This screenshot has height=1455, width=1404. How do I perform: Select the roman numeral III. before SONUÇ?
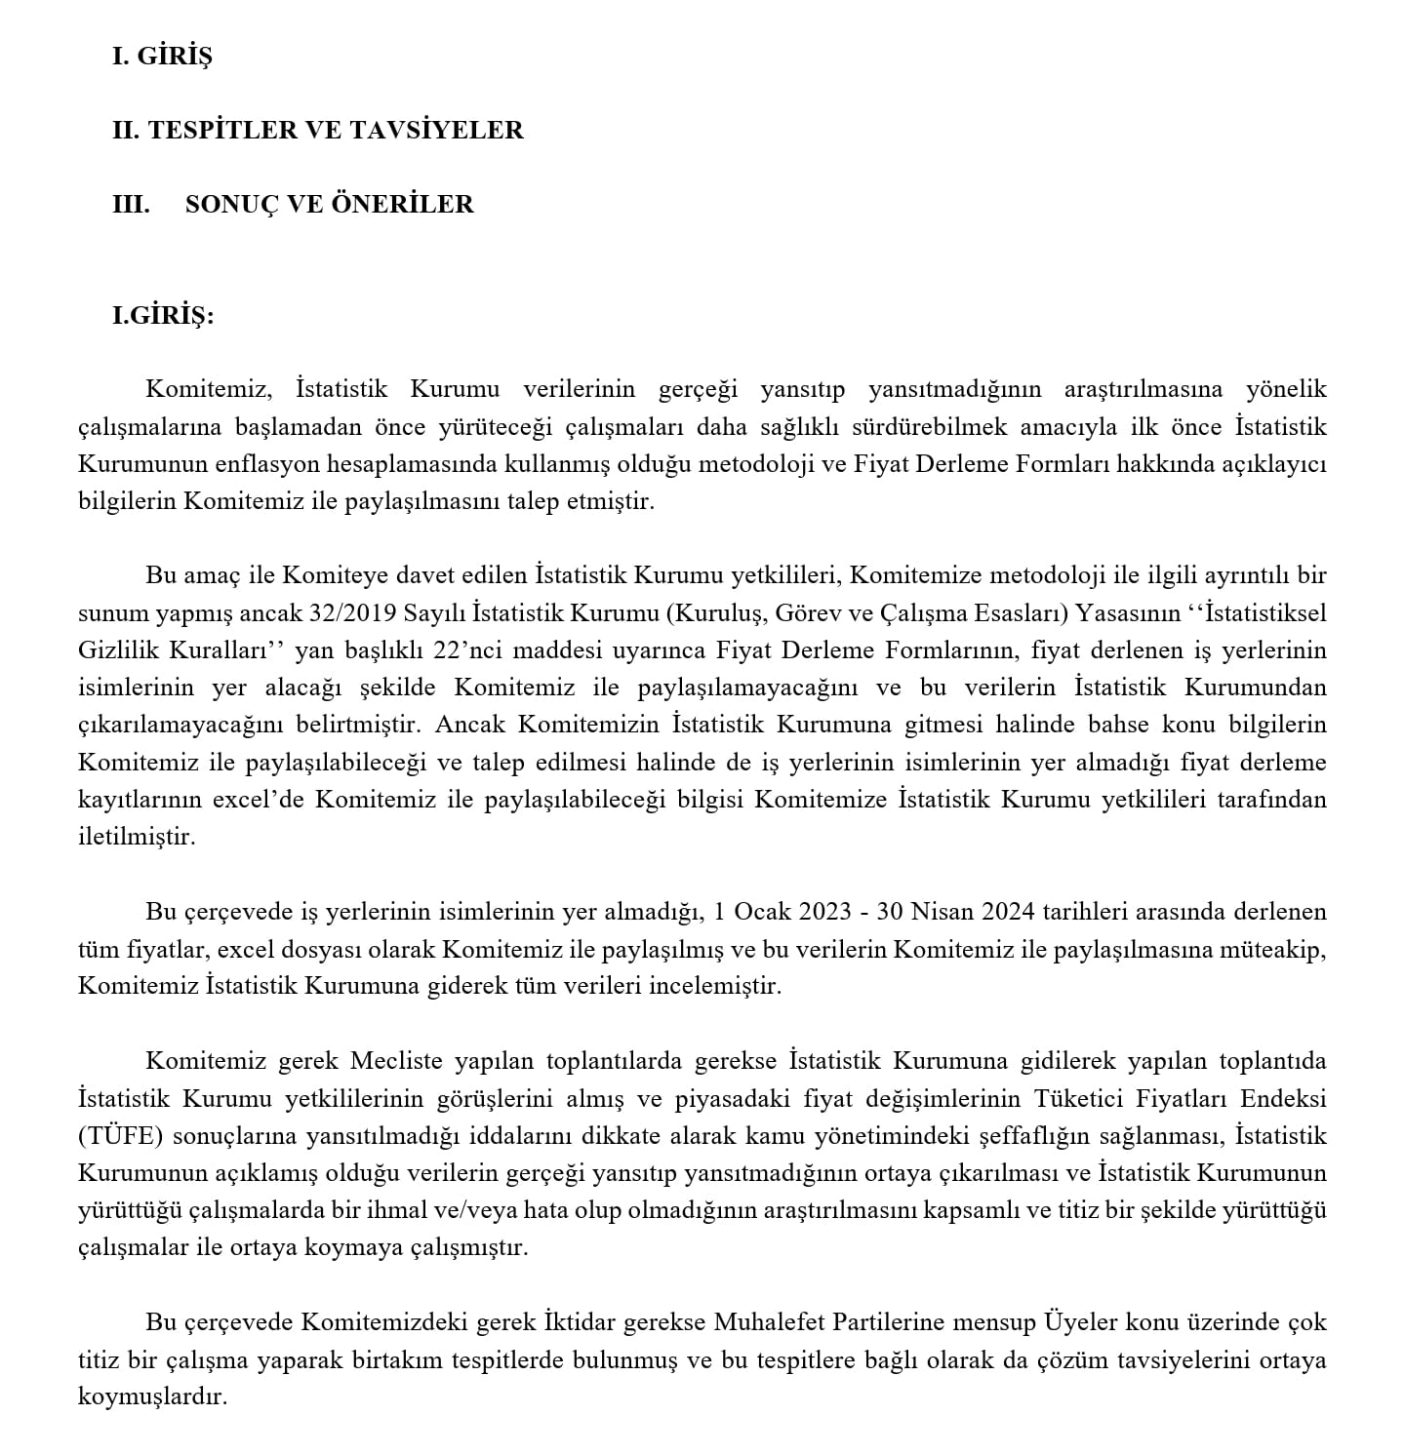131,204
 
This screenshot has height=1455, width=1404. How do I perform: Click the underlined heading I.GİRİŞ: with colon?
163,316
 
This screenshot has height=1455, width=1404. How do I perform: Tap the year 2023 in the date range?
825,912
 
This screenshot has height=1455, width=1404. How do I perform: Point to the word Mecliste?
396,1061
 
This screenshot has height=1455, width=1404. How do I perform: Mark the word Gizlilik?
117,650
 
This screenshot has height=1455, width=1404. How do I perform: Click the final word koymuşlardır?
151,1397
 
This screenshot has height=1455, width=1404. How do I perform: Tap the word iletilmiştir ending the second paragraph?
137,837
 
